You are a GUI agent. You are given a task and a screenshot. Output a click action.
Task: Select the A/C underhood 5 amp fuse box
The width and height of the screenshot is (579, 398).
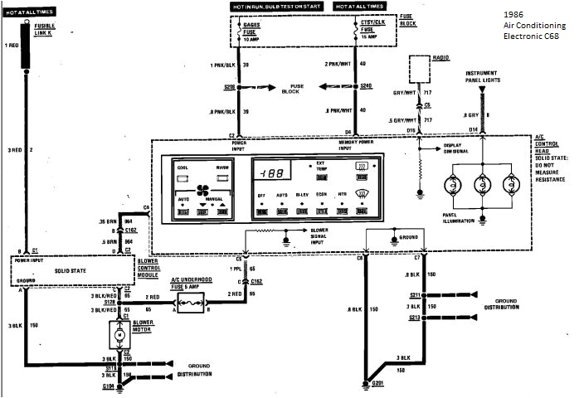[188, 306]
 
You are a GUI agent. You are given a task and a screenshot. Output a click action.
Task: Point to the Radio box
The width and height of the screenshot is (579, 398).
[419, 59]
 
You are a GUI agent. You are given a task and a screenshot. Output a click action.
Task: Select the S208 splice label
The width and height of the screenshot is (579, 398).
[230, 85]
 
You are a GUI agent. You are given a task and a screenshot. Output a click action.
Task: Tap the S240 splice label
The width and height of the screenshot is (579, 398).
[366, 85]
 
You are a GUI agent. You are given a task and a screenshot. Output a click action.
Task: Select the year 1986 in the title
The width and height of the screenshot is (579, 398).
[514, 15]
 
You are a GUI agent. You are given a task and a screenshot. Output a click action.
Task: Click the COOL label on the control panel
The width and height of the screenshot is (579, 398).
[183, 167]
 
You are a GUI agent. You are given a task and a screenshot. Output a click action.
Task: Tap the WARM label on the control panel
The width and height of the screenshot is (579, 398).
[222, 167]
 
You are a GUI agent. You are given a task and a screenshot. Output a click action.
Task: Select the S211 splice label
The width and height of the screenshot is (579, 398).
[413, 294]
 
